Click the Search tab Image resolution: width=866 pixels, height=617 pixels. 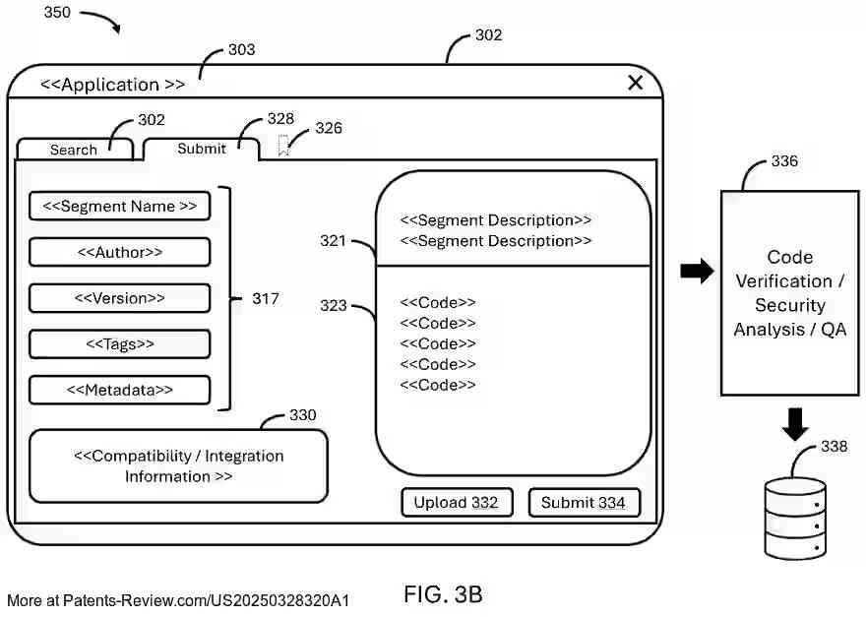coord(74,150)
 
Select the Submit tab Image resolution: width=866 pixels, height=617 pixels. coord(202,149)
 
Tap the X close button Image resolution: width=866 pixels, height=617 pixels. coord(635,83)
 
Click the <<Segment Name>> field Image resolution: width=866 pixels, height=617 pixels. coord(120,207)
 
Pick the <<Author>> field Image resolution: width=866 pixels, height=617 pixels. coord(120,252)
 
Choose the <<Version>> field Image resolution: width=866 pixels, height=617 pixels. coord(120,298)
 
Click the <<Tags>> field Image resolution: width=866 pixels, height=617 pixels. coord(120,343)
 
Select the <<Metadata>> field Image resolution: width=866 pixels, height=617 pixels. coord(120,390)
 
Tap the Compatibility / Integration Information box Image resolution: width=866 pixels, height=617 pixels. coord(178,466)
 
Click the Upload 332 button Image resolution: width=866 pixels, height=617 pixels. coord(456,503)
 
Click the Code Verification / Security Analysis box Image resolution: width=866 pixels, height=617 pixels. coord(789,293)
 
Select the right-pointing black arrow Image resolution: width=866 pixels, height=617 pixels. coord(697,272)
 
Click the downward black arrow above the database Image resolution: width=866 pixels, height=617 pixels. coord(795,424)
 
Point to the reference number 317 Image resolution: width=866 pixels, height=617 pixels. coord(265,298)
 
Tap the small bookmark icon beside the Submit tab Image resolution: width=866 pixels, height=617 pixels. coord(283,147)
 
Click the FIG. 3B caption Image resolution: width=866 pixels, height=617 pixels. coord(443,594)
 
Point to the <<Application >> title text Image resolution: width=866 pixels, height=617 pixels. coord(112,85)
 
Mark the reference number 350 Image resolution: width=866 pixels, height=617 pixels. coord(57,14)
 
